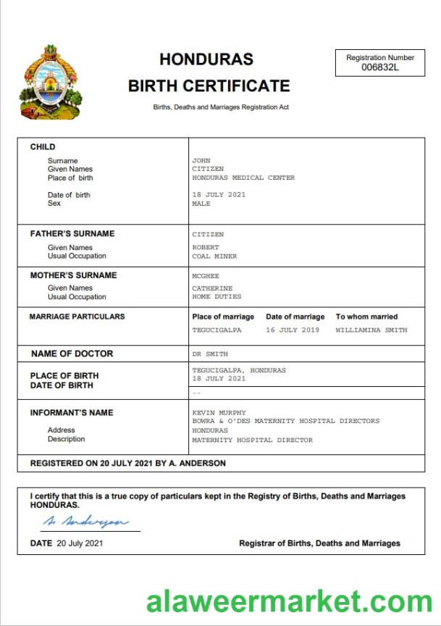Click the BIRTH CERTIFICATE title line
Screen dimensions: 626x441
click(x=209, y=86)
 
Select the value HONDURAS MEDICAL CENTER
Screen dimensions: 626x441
click(x=243, y=178)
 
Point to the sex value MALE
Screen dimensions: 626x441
click(x=201, y=204)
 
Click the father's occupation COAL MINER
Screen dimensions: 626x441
click(x=214, y=256)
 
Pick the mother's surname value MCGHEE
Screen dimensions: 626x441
click(x=206, y=276)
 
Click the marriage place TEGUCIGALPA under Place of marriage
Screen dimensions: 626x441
click(x=217, y=330)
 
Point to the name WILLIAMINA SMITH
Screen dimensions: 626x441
click(x=371, y=330)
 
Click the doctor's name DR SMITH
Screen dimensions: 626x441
click(x=209, y=354)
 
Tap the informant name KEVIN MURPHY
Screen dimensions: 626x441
click(x=219, y=413)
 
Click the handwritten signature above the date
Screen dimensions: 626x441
click(x=85, y=522)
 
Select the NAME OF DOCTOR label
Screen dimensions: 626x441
click(x=72, y=354)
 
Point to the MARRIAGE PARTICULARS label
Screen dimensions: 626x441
click(x=77, y=317)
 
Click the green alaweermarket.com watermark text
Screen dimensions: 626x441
click(x=289, y=601)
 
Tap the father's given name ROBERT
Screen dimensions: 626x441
click(x=206, y=248)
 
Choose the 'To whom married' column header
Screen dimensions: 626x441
click(x=366, y=317)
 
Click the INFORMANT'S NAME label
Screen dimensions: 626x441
click(x=72, y=413)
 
